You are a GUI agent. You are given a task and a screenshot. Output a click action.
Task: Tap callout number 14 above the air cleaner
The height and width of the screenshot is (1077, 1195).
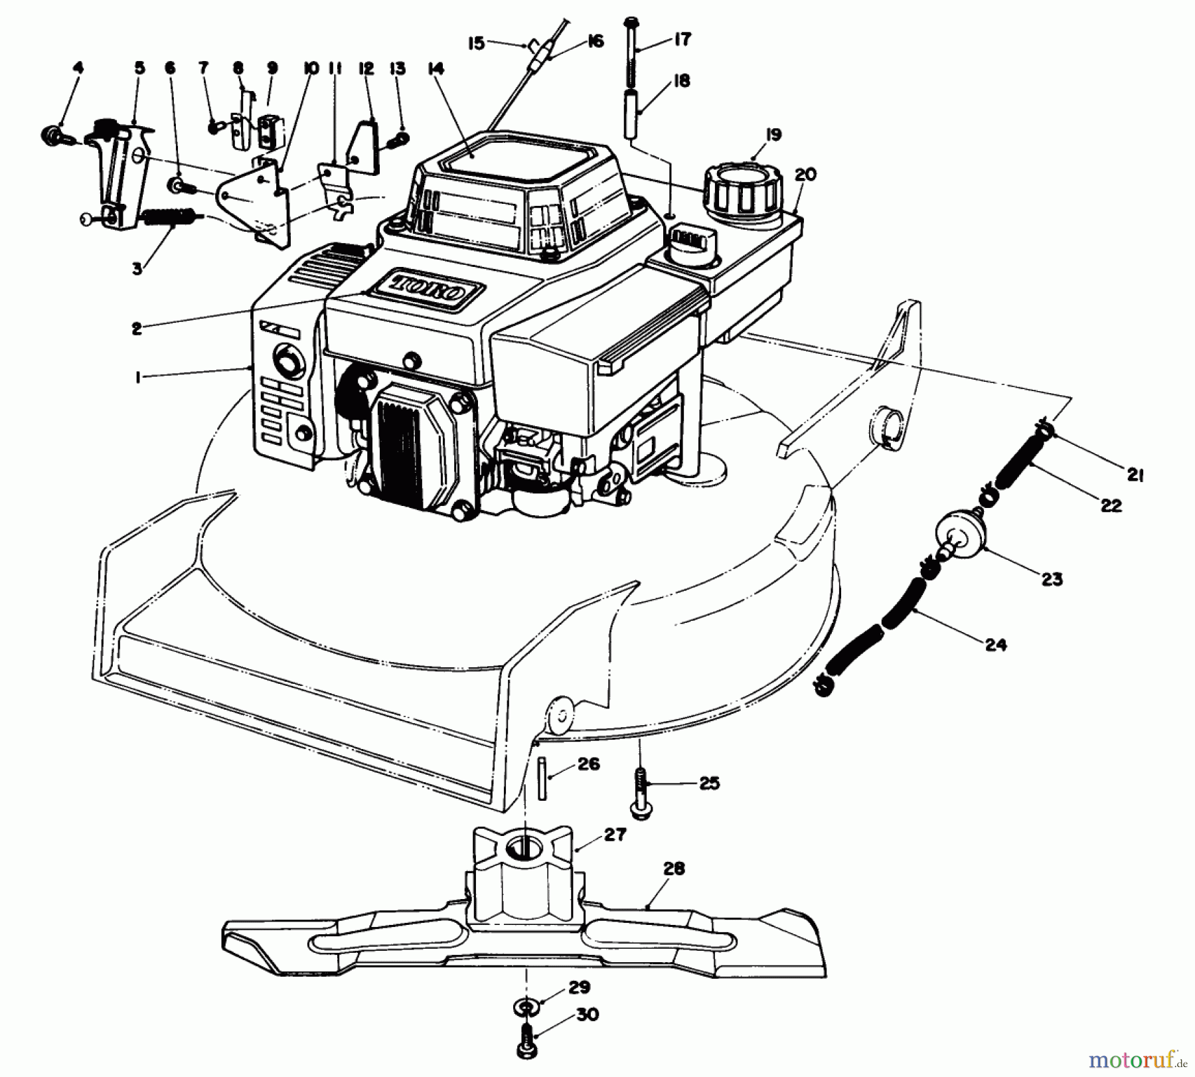(x=436, y=69)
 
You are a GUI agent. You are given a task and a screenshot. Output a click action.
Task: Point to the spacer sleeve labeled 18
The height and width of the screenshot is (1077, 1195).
(x=631, y=114)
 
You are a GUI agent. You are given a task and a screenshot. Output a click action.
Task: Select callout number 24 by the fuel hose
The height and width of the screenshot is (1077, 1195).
(x=996, y=643)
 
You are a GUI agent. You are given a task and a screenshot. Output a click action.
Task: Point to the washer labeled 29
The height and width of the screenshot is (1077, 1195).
(x=525, y=1009)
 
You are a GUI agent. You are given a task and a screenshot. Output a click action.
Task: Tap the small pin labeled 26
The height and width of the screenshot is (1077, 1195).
(x=542, y=778)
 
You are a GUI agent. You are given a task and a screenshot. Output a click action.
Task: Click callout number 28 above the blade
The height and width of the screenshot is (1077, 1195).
(x=674, y=869)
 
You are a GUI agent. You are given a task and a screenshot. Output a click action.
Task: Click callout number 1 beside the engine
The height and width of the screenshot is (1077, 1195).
(x=137, y=377)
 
